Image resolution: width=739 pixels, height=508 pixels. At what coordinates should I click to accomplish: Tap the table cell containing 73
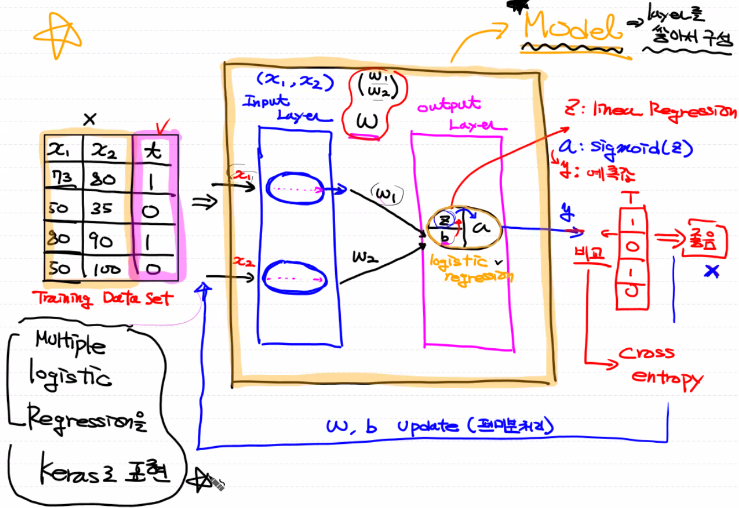click(63, 178)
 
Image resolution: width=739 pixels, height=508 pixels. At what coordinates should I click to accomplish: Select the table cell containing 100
click(106, 269)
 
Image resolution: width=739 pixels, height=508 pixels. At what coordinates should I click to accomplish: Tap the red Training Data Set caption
click(103, 298)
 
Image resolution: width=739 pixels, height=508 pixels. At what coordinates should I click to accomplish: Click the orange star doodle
click(57, 35)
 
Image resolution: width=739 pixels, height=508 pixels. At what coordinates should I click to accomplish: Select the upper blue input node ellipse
click(295, 188)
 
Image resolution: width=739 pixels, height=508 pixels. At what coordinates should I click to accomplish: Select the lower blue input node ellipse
click(294, 277)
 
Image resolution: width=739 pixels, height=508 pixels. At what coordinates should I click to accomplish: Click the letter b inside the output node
click(445, 237)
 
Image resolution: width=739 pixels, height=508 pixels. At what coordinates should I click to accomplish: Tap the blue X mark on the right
click(712, 271)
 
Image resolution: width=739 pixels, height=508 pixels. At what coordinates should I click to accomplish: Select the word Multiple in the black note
click(70, 342)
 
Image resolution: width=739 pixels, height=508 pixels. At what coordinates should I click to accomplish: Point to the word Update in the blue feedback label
click(427, 426)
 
